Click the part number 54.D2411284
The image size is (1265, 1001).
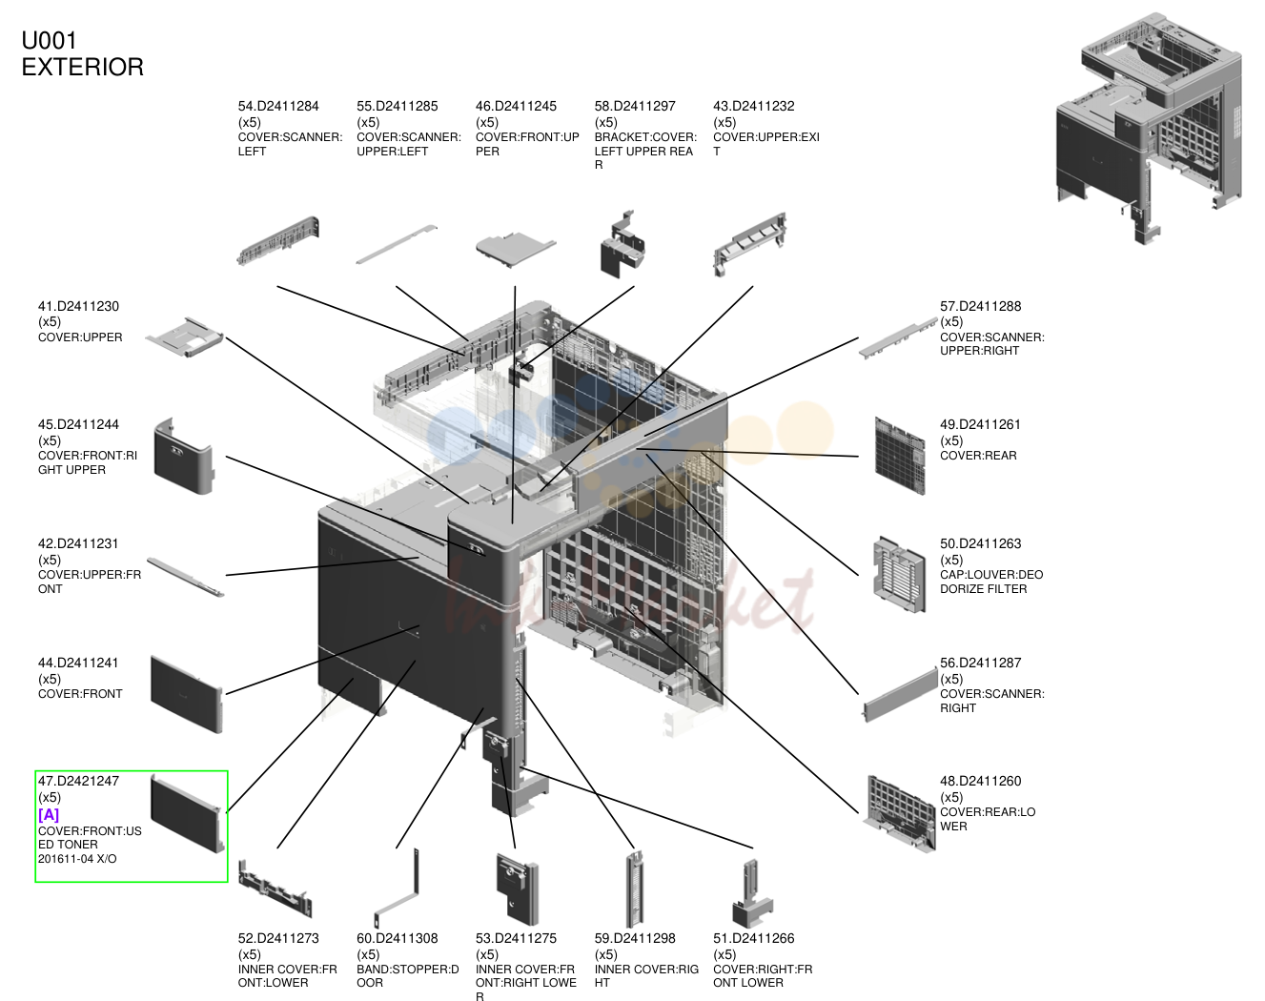click(x=278, y=106)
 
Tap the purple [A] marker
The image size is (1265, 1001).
click(x=49, y=815)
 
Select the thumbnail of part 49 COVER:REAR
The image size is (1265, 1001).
click(x=899, y=456)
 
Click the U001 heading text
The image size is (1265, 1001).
click(x=50, y=41)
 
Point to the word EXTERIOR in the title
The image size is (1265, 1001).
click(x=83, y=67)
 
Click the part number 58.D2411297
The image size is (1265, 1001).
click(x=635, y=106)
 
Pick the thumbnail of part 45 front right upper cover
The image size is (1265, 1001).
click(x=184, y=456)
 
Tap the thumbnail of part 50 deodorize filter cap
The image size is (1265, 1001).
click(x=899, y=574)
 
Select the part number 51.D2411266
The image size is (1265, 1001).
click(x=754, y=938)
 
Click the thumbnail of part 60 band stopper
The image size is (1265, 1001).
click(x=398, y=889)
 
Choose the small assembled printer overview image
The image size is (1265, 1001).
click(x=1150, y=128)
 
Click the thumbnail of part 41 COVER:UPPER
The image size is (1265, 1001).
click(x=185, y=338)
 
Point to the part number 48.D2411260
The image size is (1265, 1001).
click(x=981, y=781)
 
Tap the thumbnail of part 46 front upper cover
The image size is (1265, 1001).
click(x=516, y=250)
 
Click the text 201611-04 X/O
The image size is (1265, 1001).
click(x=77, y=859)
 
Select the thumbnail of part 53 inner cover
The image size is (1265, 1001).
click(x=517, y=889)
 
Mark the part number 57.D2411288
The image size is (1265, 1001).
click(x=981, y=306)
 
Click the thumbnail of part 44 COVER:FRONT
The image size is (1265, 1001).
click(x=187, y=694)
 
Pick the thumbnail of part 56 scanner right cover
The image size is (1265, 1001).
click(x=900, y=694)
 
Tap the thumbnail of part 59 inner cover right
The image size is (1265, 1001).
click(x=635, y=889)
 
